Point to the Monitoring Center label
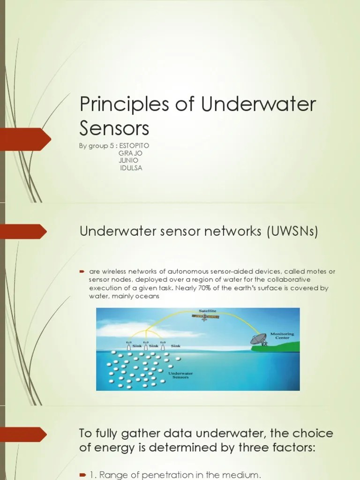click(x=282, y=336)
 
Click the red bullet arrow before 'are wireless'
click(x=81, y=272)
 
